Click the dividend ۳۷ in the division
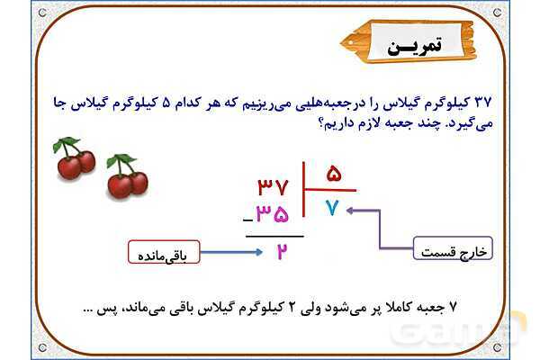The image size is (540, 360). pyautogui.click(x=273, y=187)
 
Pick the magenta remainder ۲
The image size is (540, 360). pyautogui.click(x=281, y=251)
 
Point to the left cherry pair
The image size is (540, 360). pyautogui.click(x=74, y=158)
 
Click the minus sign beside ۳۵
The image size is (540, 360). pyautogui.click(x=246, y=221)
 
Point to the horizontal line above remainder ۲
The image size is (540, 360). pyautogui.click(x=274, y=235)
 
